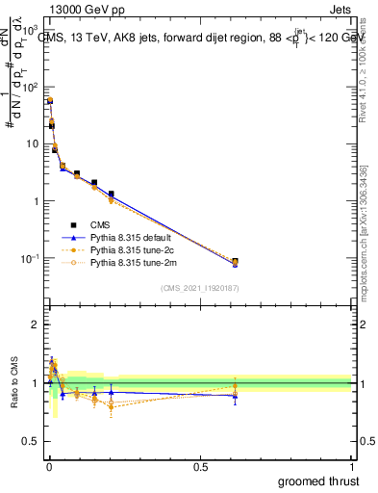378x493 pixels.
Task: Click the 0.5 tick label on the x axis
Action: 200,466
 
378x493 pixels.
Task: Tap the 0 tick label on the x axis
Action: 49,466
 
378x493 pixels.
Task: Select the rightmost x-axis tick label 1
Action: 352,466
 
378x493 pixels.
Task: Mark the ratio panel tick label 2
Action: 37,324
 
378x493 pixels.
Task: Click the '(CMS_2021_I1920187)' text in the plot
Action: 200,287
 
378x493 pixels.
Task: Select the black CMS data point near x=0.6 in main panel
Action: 236,261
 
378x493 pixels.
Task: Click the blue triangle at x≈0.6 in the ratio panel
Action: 236,395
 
